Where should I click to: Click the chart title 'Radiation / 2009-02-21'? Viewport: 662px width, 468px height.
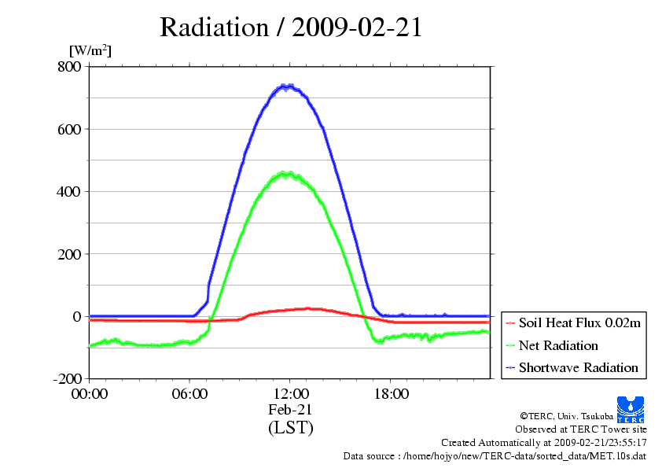click(291, 28)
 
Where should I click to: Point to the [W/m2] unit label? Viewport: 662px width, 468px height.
click(90, 51)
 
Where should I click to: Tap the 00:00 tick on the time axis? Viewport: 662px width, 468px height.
click(90, 394)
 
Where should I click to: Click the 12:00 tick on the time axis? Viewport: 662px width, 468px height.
click(290, 394)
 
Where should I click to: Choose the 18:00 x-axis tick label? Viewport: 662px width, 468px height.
click(391, 394)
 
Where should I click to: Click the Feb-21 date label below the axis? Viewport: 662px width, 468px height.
click(290, 410)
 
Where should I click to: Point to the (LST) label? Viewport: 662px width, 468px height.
click(290, 428)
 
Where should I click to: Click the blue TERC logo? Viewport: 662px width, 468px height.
click(630, 410)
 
